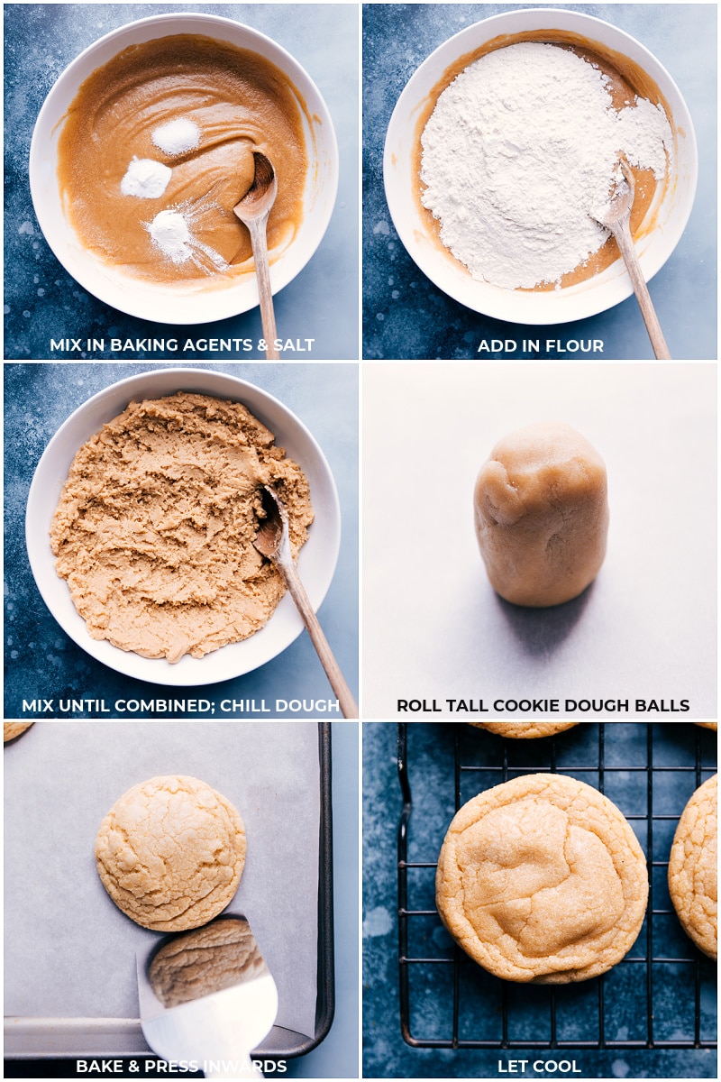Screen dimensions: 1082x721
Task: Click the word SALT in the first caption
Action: [x=293, y=345]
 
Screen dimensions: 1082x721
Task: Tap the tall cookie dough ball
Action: [x=541, y=514]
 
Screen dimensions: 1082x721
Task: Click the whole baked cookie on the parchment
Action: [x=170, y=852]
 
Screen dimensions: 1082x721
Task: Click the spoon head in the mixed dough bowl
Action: [x=269, y=523]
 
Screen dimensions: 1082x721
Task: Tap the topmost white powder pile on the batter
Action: [x=176, y=136]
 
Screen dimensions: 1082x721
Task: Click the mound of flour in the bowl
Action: [x=532, y=162]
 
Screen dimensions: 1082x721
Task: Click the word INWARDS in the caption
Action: [x=249, y=1067]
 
